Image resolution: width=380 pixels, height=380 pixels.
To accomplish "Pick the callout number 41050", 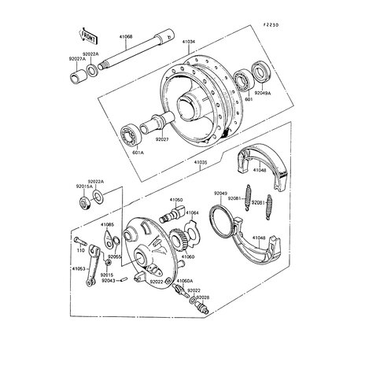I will click(x=176, y=201).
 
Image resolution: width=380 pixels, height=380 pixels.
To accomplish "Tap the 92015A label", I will click(x=84, y=186).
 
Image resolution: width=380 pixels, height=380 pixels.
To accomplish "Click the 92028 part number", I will click(x=203, y=297).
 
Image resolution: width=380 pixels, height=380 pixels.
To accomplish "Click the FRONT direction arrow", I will click(x=87, y=36).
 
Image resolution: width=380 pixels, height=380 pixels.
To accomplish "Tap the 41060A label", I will click(x=185, y=281).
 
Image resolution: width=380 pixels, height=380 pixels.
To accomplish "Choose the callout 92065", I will click(x=115, y=256).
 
